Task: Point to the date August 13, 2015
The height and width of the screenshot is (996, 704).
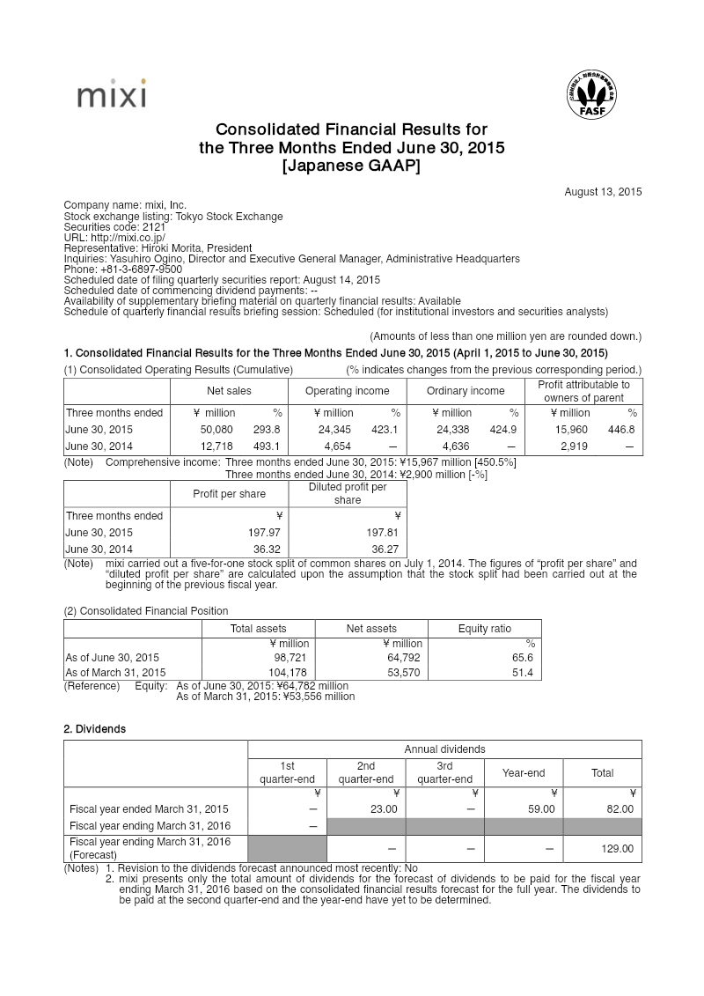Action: pos(603,191)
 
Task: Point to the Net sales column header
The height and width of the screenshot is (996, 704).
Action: pos(229,391)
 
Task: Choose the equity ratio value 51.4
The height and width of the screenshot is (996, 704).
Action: pos(521,673)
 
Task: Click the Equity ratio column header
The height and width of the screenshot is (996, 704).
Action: pos(484,629)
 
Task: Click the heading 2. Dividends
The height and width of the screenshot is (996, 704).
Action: pos(94,729)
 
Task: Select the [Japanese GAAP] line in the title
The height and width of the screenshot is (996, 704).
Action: pos(351,165)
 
